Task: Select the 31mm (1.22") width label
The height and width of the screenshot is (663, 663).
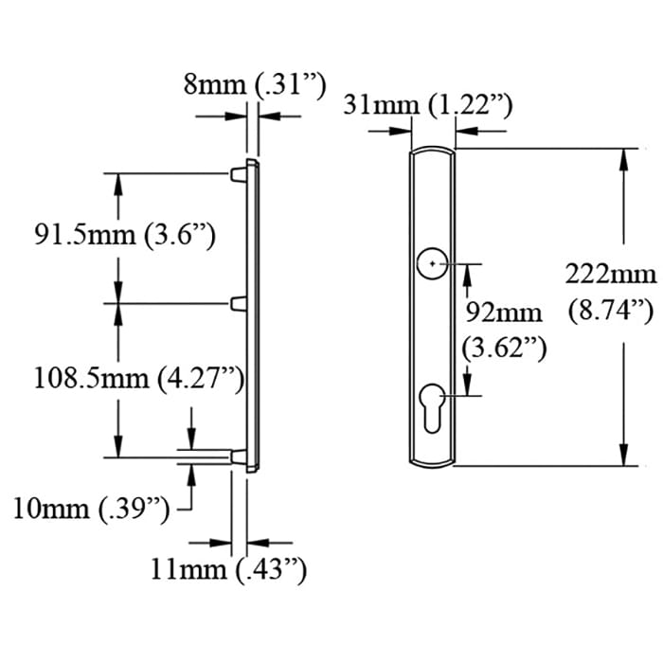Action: pos(428,104)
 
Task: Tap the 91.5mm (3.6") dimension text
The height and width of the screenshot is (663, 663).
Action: pos(125,235)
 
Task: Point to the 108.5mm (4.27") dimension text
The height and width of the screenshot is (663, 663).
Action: pos(138,379)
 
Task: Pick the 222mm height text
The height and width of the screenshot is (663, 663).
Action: pos(611,275)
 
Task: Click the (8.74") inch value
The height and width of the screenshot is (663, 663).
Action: pos(611,309)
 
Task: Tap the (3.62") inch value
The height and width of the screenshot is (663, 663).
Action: pos(505,348)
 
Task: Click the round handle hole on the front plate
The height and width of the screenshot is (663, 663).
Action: pos(433,262)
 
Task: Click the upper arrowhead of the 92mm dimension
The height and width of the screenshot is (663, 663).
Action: pos(467,273)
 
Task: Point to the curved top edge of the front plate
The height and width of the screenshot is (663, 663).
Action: pos(433,149)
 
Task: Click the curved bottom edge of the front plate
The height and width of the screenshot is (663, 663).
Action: pos(433,465)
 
